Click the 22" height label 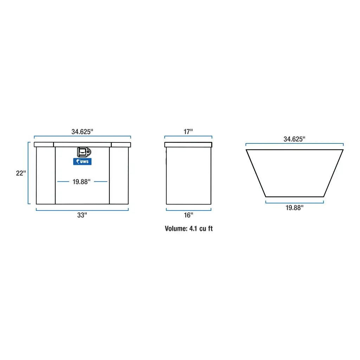click(x=21, y=173)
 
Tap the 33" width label click(x=82, y=216)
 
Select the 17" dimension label click(x=188, y=132)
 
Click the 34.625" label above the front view click(x=82, y=132)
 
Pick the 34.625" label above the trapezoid click(x=294, y=139)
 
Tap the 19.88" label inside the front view click(x=82, y=182)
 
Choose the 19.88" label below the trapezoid click(x=294, y=208)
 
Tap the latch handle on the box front click(x=84, y=152)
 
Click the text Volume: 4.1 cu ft click(x=189, y=229)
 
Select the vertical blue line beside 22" click(x=28, y=173)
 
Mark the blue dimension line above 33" click(x=82, y=210)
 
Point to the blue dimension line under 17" click(x=188, y=137)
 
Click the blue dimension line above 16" click(x=188, y=210)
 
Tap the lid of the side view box click(x=188, y=144)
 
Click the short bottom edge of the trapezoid click(x=294, y=197)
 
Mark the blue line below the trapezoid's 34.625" click(x=294, y=144)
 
